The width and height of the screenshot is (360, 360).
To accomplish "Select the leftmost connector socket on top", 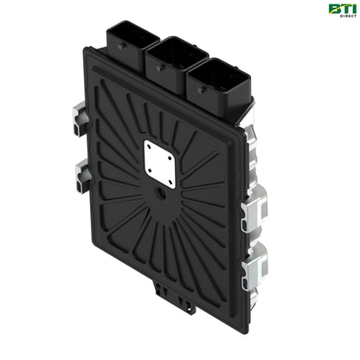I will point(132,40).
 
